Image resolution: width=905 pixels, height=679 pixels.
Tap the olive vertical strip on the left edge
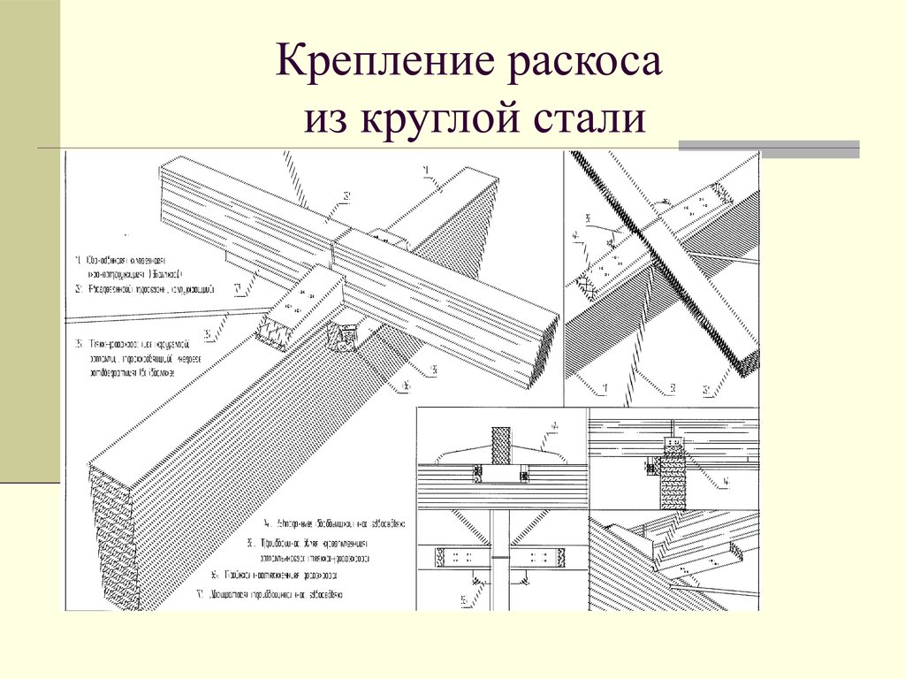click(29, 239)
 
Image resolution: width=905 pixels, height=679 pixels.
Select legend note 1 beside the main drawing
click(133, 267)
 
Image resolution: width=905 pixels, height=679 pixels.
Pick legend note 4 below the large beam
click(327, 523)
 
